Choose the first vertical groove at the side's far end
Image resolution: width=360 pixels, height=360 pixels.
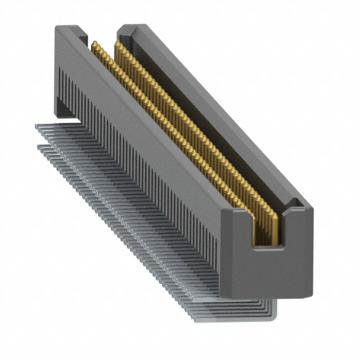[61, 84]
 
